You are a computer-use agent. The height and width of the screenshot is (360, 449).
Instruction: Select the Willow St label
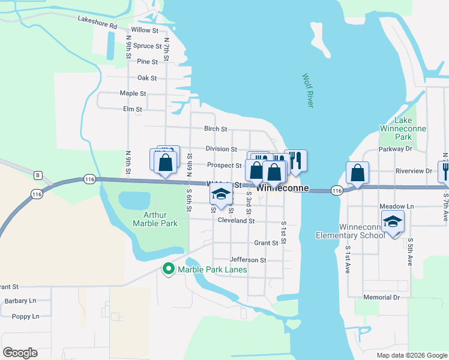[x=144, y=30]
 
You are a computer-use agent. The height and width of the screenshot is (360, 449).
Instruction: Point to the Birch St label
[x=215, y=129]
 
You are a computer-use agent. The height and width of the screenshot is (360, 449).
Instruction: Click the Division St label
[x=221, y=149]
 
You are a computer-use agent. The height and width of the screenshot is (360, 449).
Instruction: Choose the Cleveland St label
[x=236, y=221]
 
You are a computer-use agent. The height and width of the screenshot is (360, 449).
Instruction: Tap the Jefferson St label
[x=247, y=260]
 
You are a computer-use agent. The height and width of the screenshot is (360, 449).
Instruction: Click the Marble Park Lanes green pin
[x=168, y=269]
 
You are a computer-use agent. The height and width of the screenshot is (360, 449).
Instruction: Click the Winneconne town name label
[x=283, y=188]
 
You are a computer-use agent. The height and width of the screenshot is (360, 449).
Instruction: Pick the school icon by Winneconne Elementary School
[x=393, y=223]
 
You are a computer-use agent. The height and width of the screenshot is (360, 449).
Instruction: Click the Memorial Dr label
[x=381, y=298]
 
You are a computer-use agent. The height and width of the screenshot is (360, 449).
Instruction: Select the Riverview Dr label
[x=414, y=170]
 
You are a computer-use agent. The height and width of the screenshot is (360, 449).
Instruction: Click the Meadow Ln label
[x=396, y=206]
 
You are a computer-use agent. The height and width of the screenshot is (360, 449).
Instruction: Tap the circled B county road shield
[x=37, y=175]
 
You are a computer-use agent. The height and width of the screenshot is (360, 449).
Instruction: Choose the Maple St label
[x=133, y=94]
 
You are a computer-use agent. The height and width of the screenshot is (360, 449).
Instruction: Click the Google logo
[x=20, y=353]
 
